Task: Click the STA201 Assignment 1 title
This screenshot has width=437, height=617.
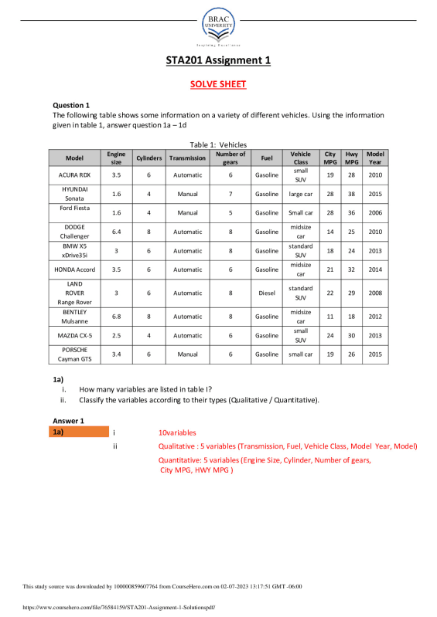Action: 218,61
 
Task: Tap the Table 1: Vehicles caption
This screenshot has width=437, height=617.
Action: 218,144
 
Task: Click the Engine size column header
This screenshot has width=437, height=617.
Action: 116,158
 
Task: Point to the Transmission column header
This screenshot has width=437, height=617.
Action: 187,158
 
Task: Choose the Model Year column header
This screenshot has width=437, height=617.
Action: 375,158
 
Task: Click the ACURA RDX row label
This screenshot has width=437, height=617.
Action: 74,175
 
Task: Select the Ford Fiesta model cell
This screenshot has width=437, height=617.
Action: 74,208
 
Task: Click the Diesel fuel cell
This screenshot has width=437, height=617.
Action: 267,293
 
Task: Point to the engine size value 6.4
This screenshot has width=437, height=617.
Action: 116,231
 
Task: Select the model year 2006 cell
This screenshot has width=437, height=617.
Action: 375,212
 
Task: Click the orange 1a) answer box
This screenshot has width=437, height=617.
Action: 80,432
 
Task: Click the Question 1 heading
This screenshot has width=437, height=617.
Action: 71,105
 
